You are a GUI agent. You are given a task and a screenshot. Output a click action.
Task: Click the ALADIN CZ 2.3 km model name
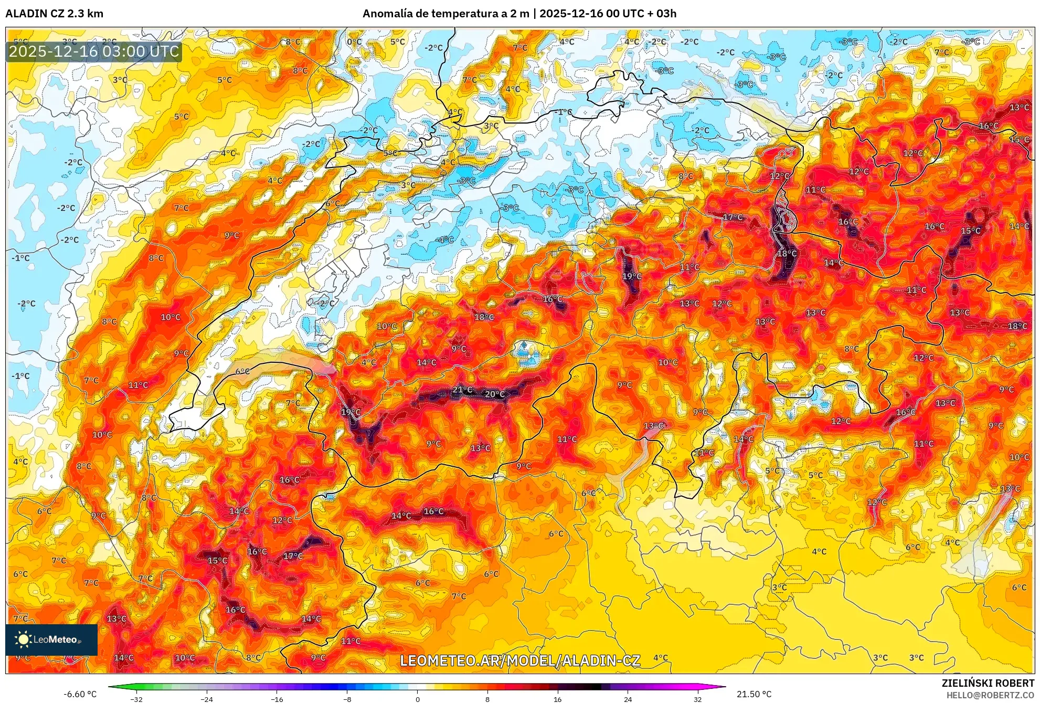[x=54, y=13]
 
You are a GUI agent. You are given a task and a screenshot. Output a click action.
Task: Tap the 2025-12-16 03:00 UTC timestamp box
[x=94, y=52]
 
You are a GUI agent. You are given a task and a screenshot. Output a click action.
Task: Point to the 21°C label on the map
[x=462, y=390]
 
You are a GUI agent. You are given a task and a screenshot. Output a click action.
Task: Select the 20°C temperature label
[x=494, y=394]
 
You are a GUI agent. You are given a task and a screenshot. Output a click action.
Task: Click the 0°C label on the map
[x=354, y=42]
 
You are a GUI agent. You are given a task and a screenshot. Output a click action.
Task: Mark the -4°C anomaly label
[x=445, y=239]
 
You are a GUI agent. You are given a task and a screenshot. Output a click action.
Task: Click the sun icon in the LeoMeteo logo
[x=23, y=639]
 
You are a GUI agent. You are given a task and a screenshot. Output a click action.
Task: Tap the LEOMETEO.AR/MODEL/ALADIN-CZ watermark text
[x=520, y=660]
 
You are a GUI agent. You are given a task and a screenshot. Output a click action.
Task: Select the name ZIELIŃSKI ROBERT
[x=988, y=683]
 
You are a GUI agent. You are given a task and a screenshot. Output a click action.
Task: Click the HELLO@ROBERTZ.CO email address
[x=990, y=695]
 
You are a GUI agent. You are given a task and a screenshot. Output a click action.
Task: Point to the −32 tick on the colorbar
[x=136, y=699]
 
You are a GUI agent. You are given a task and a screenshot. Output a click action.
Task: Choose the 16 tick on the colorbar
[x=557, y=699]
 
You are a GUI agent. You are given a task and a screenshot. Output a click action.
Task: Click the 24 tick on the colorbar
[x=628, y=699]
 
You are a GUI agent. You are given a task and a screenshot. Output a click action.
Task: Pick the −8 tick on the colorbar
[x=347, y=699]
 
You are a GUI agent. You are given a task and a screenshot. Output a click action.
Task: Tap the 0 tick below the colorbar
[x=417, y=699]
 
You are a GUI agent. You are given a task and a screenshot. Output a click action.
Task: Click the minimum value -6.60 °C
[x=80, y=694]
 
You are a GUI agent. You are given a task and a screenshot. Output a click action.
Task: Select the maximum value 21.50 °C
[x=754, y=694]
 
